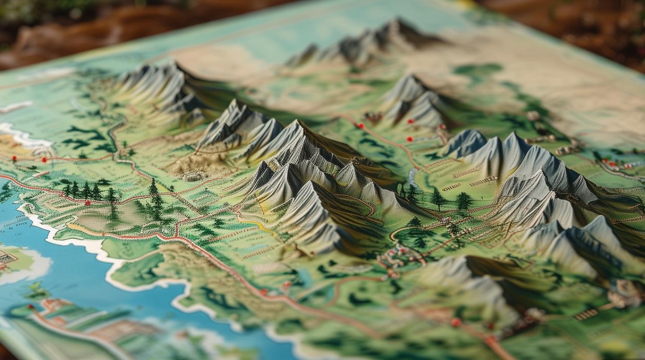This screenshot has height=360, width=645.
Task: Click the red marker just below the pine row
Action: (x=87, y=203)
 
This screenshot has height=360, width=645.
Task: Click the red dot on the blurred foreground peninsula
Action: (x=30, y=306)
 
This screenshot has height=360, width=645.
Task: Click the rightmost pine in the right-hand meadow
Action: (x=464, y=201)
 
